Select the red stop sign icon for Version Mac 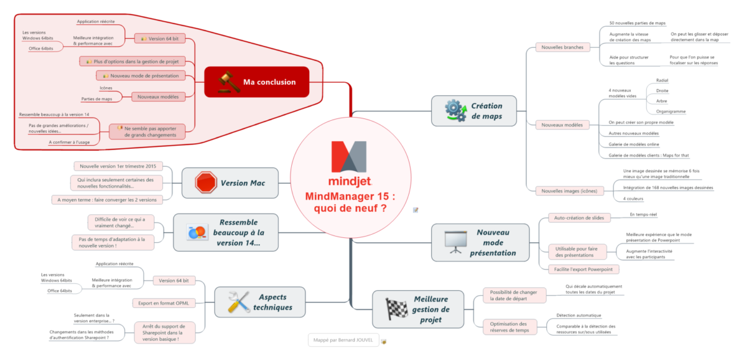[x=206, y=183]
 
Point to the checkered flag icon [x=397, y=308]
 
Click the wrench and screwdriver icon [x=239, y=301]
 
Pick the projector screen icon [x=453, y=242]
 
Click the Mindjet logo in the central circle [x=350, y=162]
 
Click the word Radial [x=662, y=80]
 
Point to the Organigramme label [x=671, y=111]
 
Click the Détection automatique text [x=578, y=315]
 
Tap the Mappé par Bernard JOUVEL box [x=343, y=340]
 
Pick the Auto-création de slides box [x=578, y=218]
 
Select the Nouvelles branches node [x=563, y=46]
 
